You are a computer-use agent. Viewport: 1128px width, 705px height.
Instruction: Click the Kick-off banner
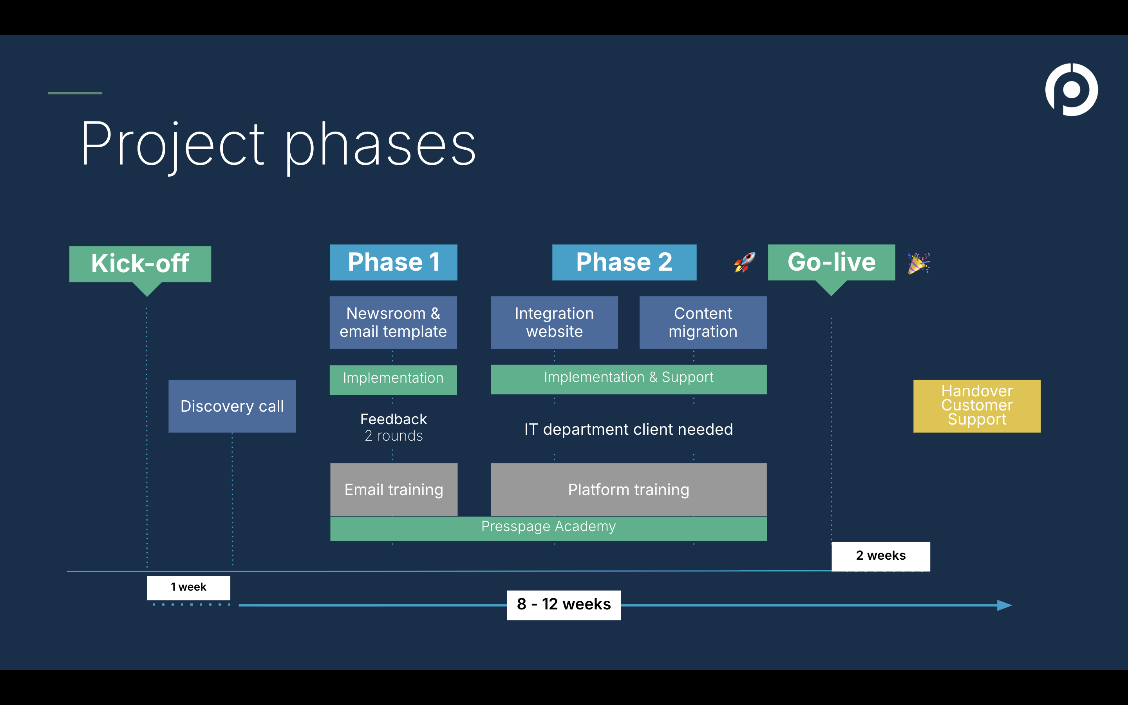click(140, 264)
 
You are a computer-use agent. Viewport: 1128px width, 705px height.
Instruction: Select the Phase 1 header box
click(393, 262)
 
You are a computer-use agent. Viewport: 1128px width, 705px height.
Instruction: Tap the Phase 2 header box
click(624, 262)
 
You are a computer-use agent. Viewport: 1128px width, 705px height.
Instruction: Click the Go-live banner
click(831, 262)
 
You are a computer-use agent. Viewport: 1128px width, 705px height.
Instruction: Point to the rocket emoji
click(745, 262)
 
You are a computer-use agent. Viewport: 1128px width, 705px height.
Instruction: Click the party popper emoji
click(918, 264)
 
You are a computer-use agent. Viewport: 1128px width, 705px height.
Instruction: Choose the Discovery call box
click(231, 406)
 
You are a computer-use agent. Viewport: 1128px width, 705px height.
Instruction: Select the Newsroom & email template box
click(393, 322)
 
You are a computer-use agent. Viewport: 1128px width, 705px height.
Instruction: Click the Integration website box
click(554, 322)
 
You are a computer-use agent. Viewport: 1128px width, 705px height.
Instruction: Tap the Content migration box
click(703, 322)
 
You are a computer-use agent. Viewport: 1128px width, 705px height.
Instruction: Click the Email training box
click(393, 490)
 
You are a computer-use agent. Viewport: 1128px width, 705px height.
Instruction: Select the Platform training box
click(628, 490)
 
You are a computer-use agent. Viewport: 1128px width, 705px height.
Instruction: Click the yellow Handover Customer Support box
click(976, 406)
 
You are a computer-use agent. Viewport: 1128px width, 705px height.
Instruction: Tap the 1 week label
click(188, 587)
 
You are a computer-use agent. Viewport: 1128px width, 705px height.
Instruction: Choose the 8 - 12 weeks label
click(564, 605)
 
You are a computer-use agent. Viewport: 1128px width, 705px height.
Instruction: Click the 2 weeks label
click(880, 556)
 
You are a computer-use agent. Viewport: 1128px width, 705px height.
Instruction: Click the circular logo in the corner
click(1071, 90)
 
